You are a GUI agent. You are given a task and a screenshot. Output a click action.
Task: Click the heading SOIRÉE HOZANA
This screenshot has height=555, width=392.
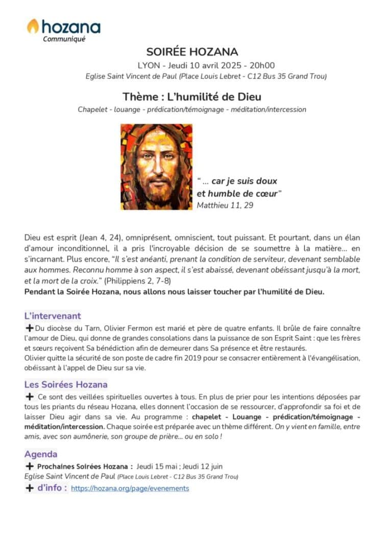[192, 52]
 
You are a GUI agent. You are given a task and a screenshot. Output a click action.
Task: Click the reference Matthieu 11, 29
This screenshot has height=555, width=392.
[225, 205]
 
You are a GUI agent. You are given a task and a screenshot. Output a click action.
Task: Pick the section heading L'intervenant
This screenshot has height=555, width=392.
[53, 316]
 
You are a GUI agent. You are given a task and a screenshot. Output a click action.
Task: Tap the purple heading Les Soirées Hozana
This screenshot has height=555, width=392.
[66, 384]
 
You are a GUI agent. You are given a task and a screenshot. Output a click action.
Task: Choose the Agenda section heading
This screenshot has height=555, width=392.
[41, 454]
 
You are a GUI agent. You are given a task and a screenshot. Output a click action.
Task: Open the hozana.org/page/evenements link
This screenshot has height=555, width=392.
[130, 489]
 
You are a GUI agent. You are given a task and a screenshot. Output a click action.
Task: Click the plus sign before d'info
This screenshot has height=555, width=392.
[30, 488]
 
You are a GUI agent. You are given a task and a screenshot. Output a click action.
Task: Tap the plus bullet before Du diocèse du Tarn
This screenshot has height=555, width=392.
[29, 328]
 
